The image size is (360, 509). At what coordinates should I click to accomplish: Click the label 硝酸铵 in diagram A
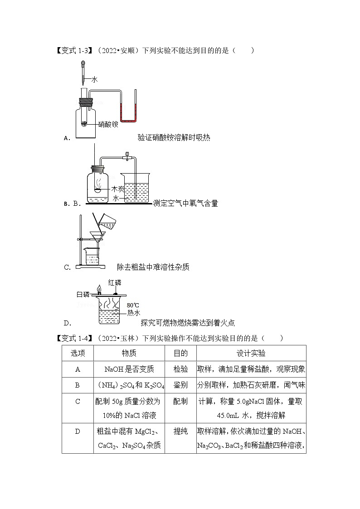tap(108, 124)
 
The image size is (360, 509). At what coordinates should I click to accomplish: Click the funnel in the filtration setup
tap(97, 237)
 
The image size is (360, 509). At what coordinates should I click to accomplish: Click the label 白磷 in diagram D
tap(83, 294)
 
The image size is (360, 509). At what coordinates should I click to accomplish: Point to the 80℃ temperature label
tap(133, 305)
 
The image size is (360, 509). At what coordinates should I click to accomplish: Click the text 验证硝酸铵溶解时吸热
tap(174, 138)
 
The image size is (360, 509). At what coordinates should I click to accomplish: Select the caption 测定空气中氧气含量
tap(185, 204)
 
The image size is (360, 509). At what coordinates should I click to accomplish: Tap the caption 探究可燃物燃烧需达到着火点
tap(188, 323)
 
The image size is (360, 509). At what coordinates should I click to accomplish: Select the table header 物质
tap(129, 353)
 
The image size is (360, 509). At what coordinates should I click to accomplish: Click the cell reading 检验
tap(180, 369)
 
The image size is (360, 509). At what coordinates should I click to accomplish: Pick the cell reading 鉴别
tap(180, 385)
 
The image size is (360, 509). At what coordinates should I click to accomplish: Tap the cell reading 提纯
tap(180, 431)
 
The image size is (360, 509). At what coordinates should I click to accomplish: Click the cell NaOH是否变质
tap(129, 369)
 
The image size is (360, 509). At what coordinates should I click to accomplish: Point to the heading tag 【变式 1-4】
tap(74, 338)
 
